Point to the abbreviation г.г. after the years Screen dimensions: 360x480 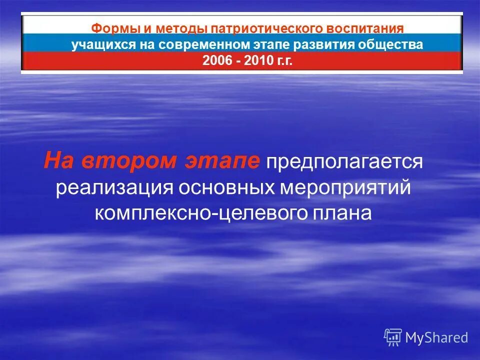(283, 60)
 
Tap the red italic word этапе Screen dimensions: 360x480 (216, 161)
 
